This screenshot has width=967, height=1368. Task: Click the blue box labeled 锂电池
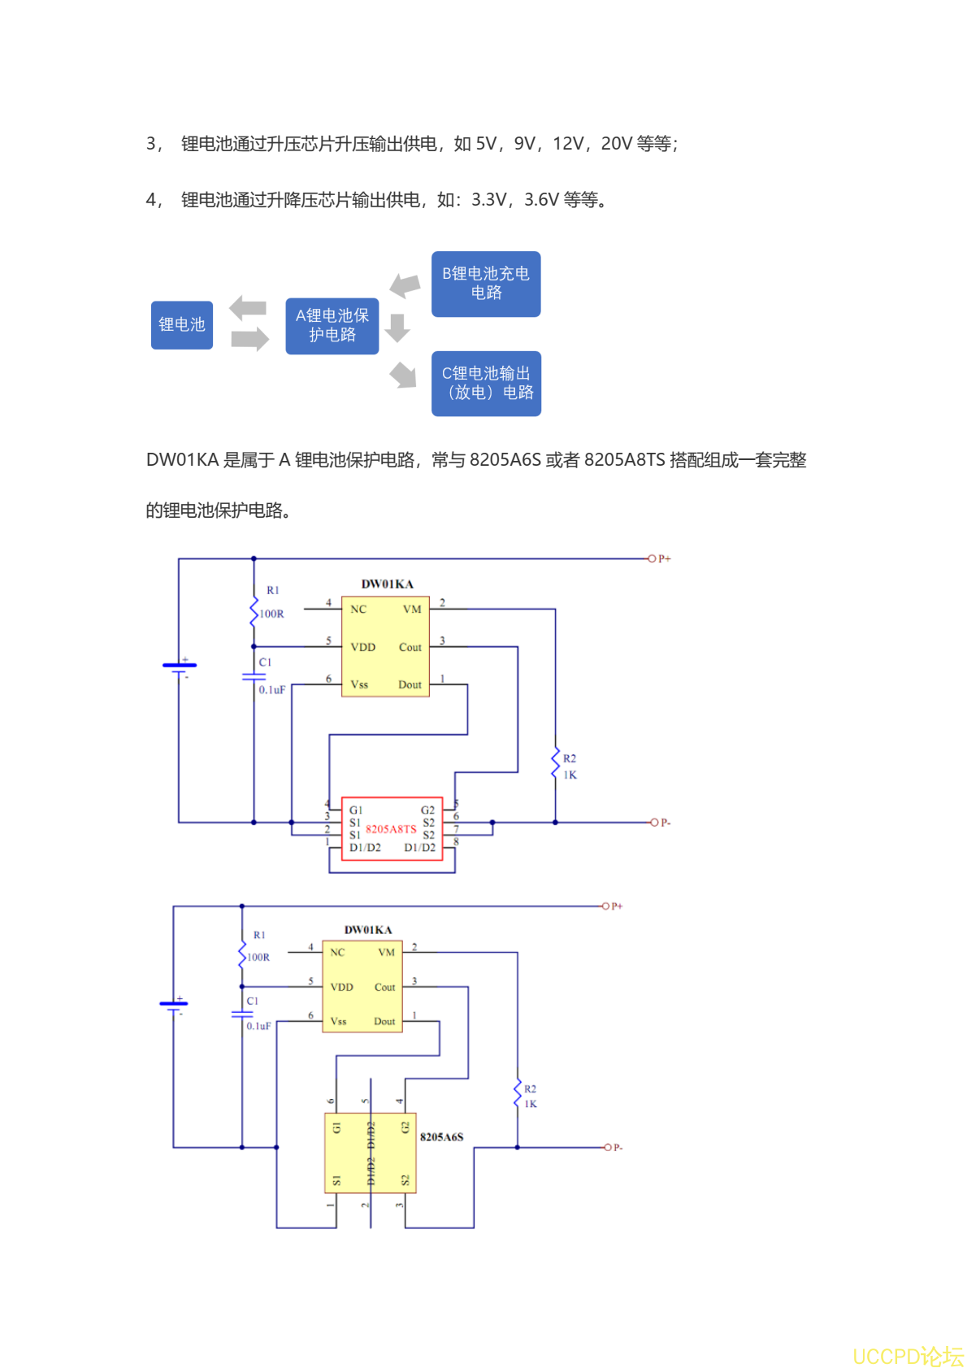tap(182, 325)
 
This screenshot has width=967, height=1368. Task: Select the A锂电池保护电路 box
tap(332, 326)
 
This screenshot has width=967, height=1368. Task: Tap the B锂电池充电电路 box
tap(486, 284)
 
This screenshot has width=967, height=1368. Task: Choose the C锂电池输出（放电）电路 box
tap(486, 384)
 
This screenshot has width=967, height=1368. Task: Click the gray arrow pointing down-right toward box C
tap(403, 375)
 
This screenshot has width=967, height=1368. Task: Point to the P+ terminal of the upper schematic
tap(652, 558)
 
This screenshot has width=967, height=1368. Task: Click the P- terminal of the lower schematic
tap(607, 1147)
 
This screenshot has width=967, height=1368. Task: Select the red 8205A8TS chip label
tap(391, 829)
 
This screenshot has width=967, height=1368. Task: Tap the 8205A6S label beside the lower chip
tap(441, 1137)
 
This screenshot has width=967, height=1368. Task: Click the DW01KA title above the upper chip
tap(387, 584)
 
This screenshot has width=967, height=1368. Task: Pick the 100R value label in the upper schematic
tap(271, 614)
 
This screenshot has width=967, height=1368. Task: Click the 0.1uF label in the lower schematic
tap(258, 1027)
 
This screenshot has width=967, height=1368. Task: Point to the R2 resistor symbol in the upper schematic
tap(556, 763)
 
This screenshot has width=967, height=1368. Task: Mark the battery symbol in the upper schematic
tap(180, 667)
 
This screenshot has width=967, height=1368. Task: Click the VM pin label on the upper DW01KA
tap(412, 610)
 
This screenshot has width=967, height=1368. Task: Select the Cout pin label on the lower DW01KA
tap(384, 988)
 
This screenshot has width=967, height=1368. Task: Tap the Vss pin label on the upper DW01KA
tap(359, 684)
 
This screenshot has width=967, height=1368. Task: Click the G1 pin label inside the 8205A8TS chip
tap(356, 810)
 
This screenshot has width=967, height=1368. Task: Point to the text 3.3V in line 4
tap(489, 200)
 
